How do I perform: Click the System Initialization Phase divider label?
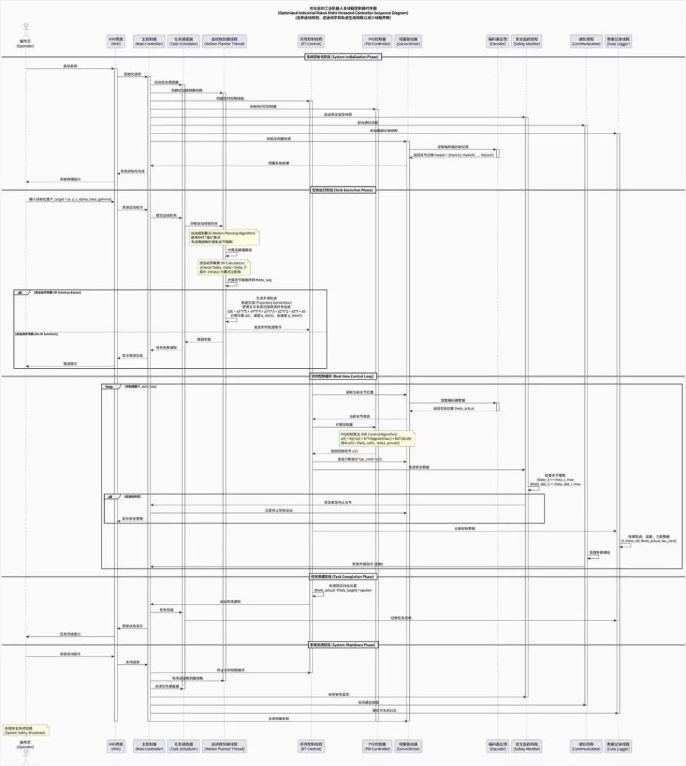(x=343, y=57)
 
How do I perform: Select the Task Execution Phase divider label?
(x=343, y=190)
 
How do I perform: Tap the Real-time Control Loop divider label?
(x=343, y=376)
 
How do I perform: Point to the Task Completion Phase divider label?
(x=343, y=577)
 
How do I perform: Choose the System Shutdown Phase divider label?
(x=343, y=645)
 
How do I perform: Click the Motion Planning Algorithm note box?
(x=224, y=237)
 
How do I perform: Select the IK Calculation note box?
(x=223, y=267)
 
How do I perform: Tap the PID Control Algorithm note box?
(x=376, y=438)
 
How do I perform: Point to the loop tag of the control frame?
(x=109, y=386)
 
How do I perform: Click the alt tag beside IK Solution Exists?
(x=20, y=292)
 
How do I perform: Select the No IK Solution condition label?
(x=36, y=334)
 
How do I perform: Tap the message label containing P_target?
(x=70, y=200)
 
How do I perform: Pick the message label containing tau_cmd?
(x=360, y=459)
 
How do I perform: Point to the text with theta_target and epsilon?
(x=343, y=591)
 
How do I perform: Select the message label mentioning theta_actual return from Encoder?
(x=454, y=409)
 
